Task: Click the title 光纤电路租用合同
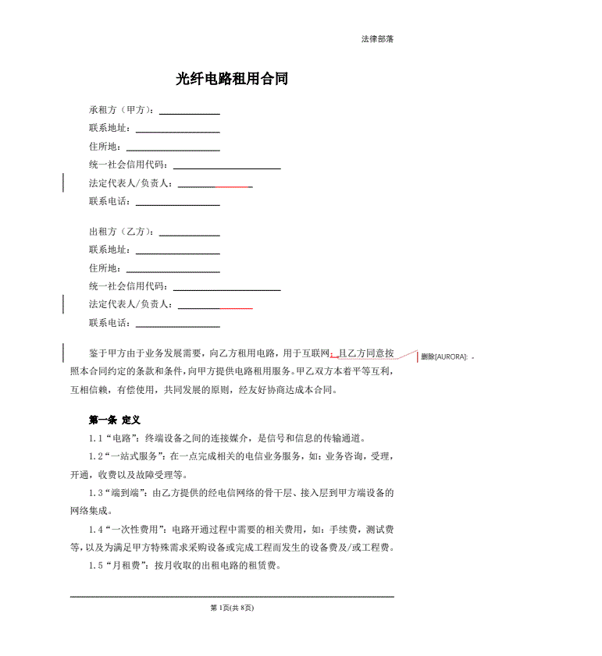pos(233,79)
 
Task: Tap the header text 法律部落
pos(377,39)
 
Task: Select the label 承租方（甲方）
pos(121,110)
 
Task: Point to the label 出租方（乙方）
pos(121,232)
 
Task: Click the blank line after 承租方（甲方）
pos(189,112)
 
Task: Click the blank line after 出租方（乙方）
pos(189,233)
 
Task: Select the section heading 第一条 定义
pos(115,420)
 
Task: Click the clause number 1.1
pos(95,438)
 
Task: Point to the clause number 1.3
pos(95,493)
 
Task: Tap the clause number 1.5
pos(95,566)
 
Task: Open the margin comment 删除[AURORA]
pos(444,356)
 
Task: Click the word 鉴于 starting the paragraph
pos(98,353)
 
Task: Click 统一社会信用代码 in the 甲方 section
pos(128,165)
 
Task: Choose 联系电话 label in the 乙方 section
pos(109,323)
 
